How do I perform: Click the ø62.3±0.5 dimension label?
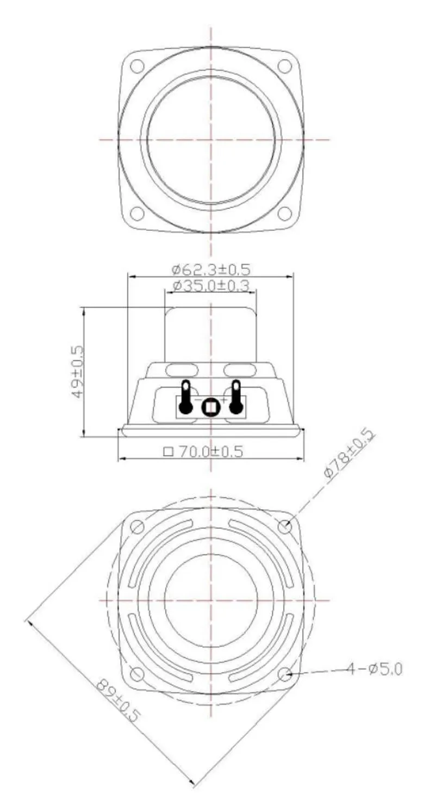click(211, 269)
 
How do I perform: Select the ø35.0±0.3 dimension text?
click(211, 286)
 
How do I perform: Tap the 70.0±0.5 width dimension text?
click(211, 451)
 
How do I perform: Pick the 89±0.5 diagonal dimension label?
click(117, 700)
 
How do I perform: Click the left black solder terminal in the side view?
click(185, 397)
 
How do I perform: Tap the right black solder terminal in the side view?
click(236, 397)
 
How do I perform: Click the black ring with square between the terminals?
click(210, 407)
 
